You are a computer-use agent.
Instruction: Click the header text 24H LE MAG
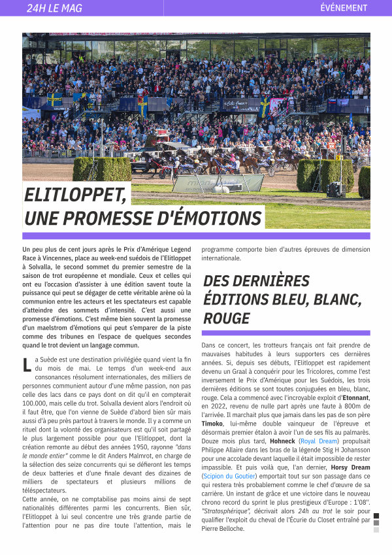pyautogui.click(x=55, y=8)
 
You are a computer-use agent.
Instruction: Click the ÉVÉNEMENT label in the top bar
pyautogui.click(x=344, y=8)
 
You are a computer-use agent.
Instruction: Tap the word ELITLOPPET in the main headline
pyautogui.click(x=75, y=195)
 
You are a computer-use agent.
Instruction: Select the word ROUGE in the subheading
pyautogui.click(x=227, y=318)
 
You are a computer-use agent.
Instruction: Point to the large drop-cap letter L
pyautogui.click(x=27, y=365)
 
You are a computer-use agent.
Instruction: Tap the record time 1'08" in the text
pyautogui.click(x=359, y=503)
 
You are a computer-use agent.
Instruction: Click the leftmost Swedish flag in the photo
pyautogui.click(x=54, y=100)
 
